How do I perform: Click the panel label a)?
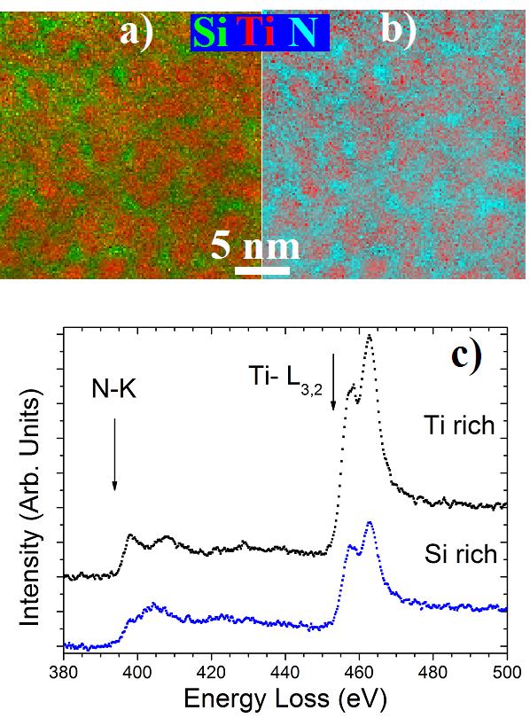[136, 33]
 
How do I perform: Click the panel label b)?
[398, 31]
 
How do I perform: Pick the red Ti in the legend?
[259, 33]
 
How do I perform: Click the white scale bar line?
[262, 270]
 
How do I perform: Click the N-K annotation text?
[114, 390]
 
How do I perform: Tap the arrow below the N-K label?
[114, 454]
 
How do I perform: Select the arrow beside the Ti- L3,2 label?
[333, 381]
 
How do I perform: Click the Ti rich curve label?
[459, 425]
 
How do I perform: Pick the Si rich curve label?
[461, 554]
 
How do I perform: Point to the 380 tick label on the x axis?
[64, 672]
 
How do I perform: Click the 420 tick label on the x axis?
[211, 672]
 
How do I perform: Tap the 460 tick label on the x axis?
[359, 672]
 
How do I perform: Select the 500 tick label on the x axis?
[507, 672]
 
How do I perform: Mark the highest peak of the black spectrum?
[370, 336]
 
